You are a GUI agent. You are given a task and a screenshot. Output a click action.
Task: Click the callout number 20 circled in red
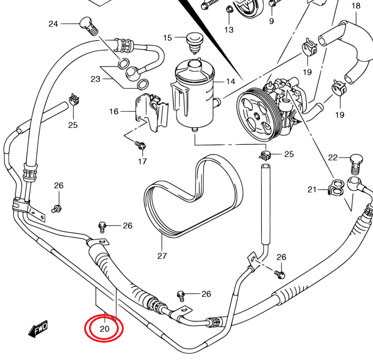click(104, 329)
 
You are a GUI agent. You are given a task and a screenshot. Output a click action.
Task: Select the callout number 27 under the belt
click(162, 256)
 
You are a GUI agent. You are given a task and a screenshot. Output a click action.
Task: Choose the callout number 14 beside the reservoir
click(230, 82)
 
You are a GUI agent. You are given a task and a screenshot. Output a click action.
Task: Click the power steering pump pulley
click(256, 115)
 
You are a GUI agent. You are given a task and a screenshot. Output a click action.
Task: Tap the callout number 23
click(95, 79)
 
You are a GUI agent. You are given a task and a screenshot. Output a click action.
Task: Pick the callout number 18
click(356, 6)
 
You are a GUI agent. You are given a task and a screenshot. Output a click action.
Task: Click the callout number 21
click(312, 189)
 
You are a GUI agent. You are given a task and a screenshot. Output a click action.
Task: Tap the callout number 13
click(229, 30)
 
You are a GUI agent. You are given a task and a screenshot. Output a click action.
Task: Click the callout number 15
click(167, 38)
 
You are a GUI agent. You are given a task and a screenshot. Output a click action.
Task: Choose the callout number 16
click(114, 111)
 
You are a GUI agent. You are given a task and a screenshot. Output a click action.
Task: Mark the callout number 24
click(53, 24)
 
